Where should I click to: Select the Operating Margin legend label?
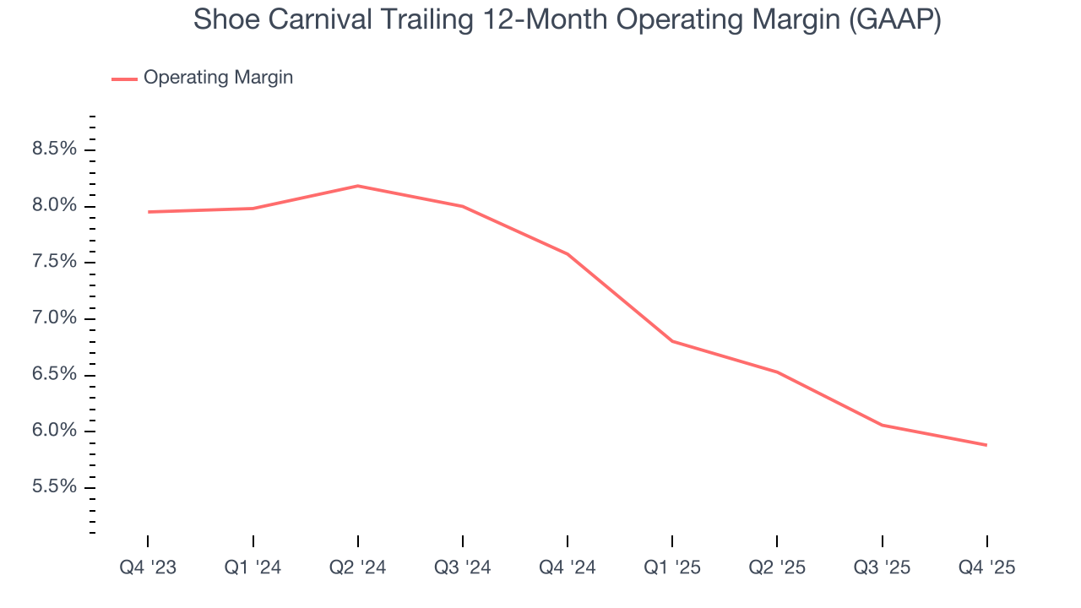click(x=218, y=78)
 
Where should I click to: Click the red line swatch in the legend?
click(x=124, y=79)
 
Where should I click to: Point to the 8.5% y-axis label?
click(x=54, y=149)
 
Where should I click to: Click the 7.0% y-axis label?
click(x=54, y=318)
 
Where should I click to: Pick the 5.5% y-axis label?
click(x=54, y=487)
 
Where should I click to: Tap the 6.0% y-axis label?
click(x=54, y=431)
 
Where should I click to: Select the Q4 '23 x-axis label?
click(x=148, y=567)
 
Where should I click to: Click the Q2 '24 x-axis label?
click(x=358, y=567)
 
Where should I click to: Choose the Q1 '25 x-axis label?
click(x=672, y=567)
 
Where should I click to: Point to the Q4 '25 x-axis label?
click(x=986, y=567)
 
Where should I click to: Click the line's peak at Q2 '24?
click(x=358, y=186)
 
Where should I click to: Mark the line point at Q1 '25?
click(x=672, y=341)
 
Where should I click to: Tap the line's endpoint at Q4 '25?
click(x=986, y=445)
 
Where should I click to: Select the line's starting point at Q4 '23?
click(x=148, y=212)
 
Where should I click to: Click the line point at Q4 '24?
click(x=568, y=254)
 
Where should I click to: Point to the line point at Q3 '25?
click(x=882, y=425)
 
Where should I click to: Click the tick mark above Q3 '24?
click(x=463, y=541)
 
